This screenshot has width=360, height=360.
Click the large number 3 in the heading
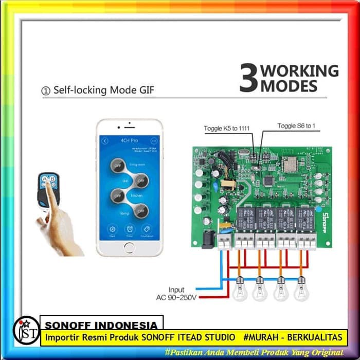[x=248, y=79]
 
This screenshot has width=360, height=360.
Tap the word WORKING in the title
[x=300, y=71]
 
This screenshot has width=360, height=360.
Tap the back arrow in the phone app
[x=105, y=140]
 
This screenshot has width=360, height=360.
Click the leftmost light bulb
[x=239, y=291]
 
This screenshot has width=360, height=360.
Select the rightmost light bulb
[x=301, y=291]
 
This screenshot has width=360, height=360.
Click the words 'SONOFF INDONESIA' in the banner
[x=101, y=326]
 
